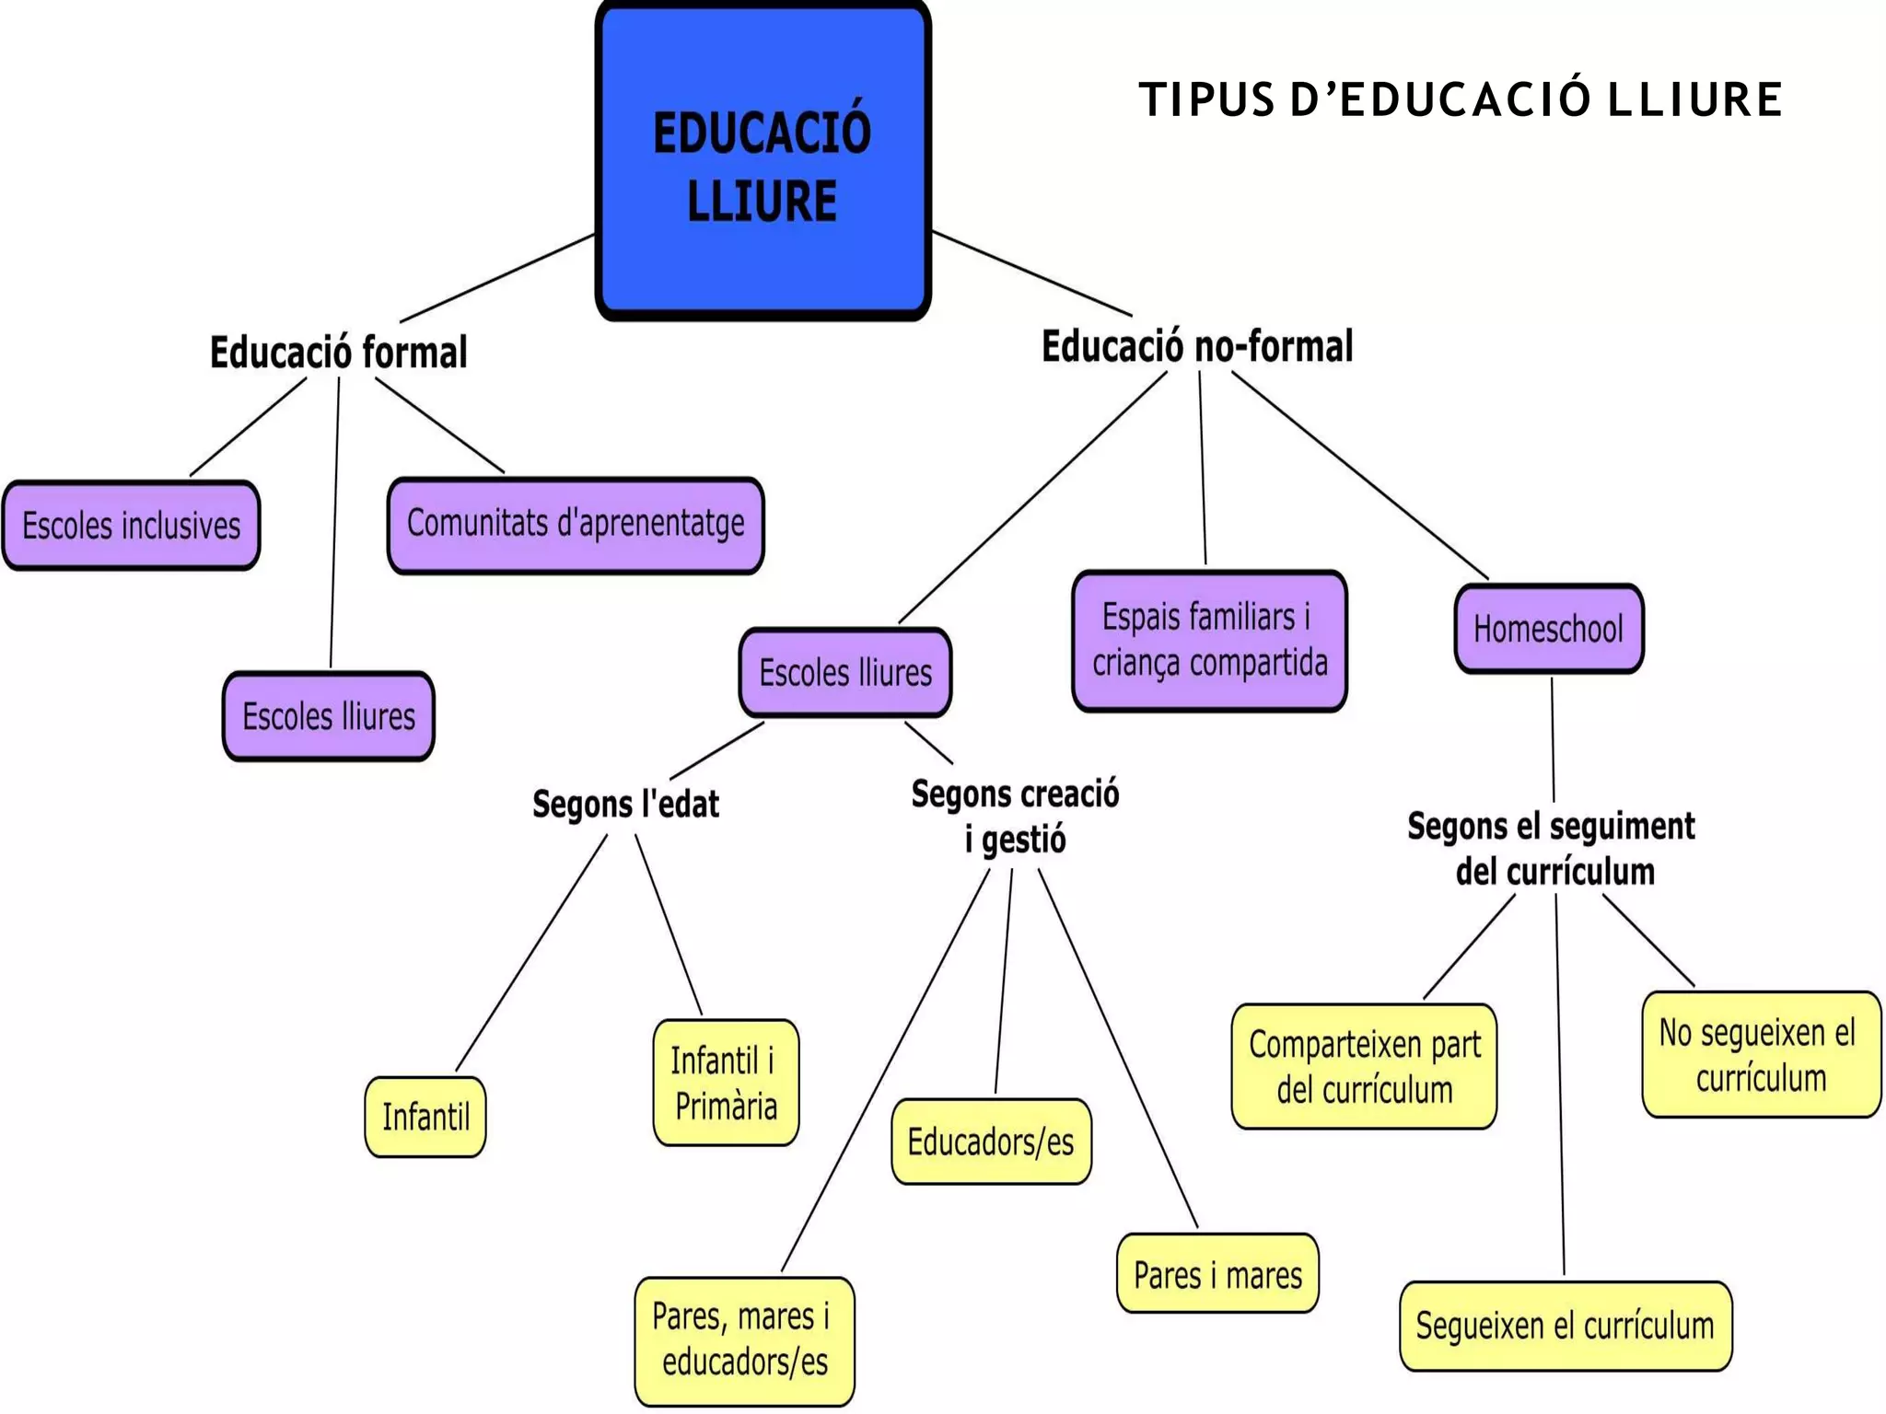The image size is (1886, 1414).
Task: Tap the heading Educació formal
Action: click(338, 353)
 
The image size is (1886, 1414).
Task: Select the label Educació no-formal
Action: click(1196, 347)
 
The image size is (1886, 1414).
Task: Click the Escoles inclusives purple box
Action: click(131, 526)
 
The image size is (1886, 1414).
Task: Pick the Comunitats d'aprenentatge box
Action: click(576, 525)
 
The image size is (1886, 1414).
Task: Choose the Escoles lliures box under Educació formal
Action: click(328, 716)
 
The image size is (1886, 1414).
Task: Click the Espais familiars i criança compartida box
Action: click(1209, 641)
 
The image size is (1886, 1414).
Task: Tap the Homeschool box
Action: click(1548, 630)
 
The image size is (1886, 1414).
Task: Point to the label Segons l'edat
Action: click(625, 804)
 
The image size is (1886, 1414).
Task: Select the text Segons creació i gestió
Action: click(1015, 816)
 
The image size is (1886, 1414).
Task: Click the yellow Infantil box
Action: click(425, 1117)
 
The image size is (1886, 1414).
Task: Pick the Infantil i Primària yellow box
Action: click(725, 1083)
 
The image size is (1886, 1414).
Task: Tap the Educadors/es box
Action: click(990, 1142)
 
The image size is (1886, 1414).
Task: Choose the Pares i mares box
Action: click(1217, 1274)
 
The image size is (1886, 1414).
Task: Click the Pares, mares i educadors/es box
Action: click(743, 1339)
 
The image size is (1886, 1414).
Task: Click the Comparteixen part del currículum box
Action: click(1364, 1067)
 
